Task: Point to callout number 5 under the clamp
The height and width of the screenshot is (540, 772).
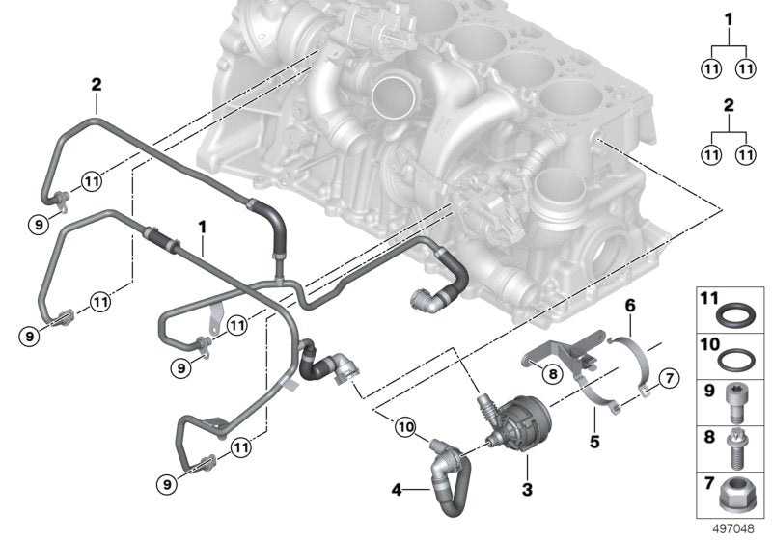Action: [x=595, y=444]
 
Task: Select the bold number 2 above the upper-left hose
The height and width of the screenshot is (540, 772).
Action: [x=96, y=84]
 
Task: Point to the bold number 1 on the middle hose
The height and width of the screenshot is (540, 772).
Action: [x=204, y=226]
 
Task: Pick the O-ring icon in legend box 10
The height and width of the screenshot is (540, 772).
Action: [x=736, y=356]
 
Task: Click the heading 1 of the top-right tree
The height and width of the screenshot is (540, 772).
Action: [x=729, y=18]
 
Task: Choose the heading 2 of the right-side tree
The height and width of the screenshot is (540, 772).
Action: [x=729, y=103]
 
